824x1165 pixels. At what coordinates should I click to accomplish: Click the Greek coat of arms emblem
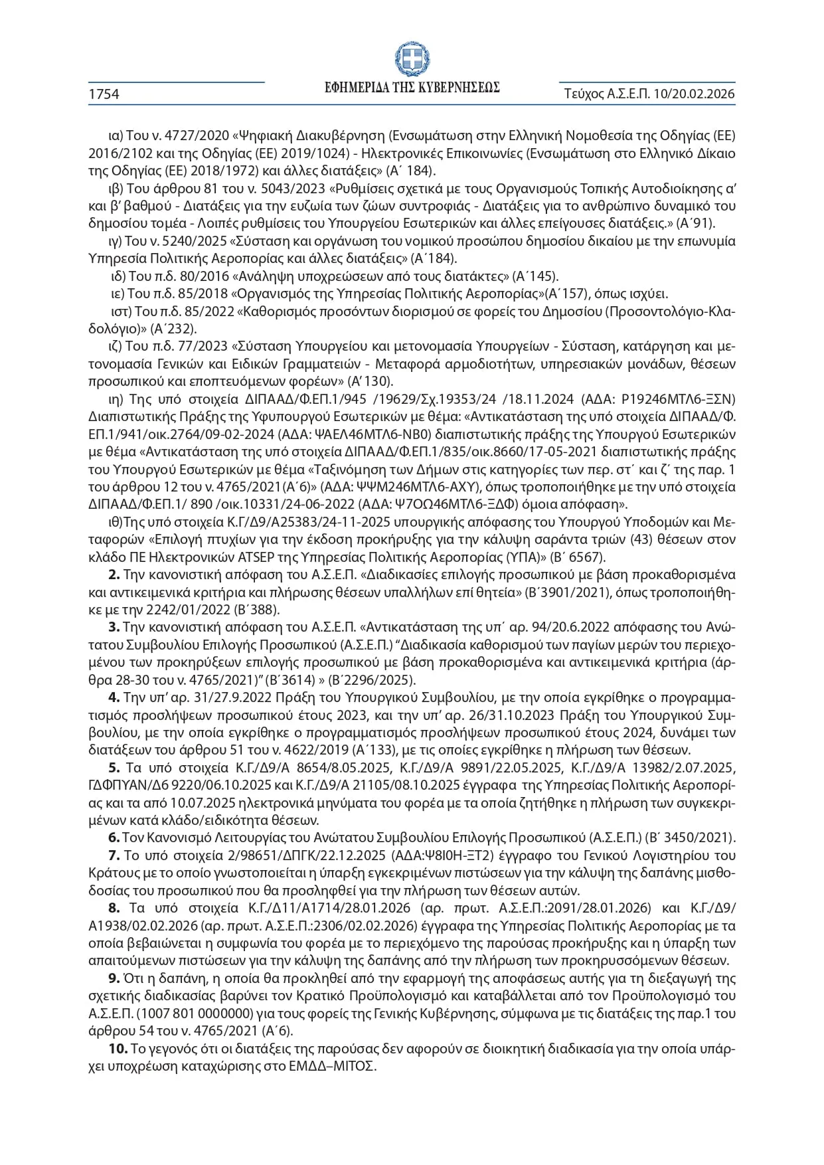pyautogui.click(x=412, y=58)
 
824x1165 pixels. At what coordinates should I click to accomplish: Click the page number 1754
pyautogui.click(x=104, y=94)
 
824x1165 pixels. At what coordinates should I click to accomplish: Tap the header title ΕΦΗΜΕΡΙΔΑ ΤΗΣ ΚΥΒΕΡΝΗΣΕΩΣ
pyautogui.click(x=412, y=88)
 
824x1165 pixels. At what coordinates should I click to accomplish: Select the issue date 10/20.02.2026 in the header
pyautogui.click(x=694, y=94)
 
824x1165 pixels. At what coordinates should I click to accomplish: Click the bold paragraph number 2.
pyautogui.click(x=114, y=575)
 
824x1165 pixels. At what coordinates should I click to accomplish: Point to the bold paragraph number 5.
pyautogui.click(x=114, y=768)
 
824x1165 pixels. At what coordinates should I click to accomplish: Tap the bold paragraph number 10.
pyautogui.click(x=118, y=1049)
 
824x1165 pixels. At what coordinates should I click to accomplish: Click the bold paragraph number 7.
pyautogui.click(x=114, y=855)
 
